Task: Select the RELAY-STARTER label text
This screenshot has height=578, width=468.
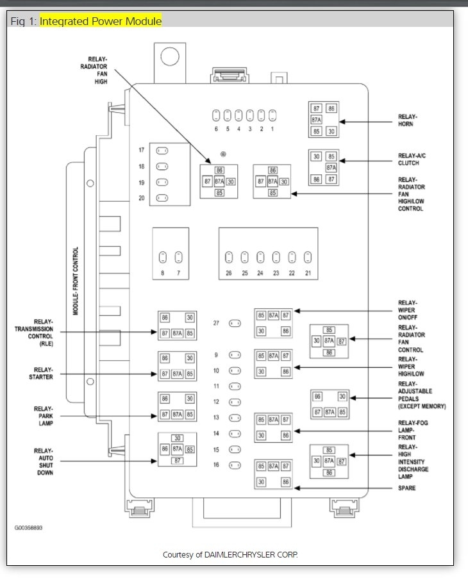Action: pos(44,374)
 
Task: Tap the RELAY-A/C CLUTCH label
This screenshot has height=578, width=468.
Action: pos(412,160)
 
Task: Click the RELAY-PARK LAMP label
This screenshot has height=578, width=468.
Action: pos(44,415)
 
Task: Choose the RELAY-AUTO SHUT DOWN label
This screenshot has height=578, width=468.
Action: pos(44,461)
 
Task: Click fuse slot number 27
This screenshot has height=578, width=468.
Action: pos(235,324)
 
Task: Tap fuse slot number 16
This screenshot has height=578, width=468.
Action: pos(235,465)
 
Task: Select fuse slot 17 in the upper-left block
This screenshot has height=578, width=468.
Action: pos(163,151)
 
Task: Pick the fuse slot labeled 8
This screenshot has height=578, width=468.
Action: pos(163,258)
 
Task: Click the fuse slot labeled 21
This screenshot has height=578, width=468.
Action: pos(308,258)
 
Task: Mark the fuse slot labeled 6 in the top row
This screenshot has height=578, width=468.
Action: pos(216,116)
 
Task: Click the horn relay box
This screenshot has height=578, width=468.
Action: pos(323,120)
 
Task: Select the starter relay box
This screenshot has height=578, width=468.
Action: pos(177,366)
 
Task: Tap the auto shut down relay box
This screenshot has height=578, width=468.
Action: pos(177,449)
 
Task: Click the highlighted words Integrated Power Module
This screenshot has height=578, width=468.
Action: pos(101,21)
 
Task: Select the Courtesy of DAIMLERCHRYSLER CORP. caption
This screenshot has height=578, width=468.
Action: pos(230,554)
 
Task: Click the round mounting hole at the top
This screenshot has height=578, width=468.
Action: pos(169,57)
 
